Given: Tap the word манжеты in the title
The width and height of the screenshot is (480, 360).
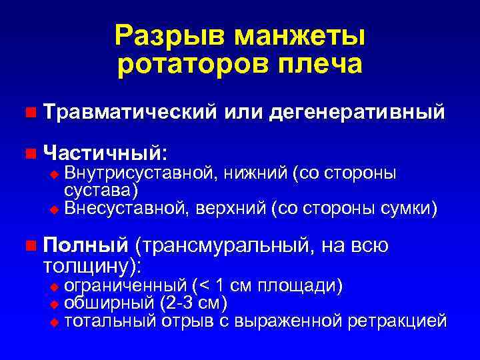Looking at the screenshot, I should click(x=295, y=35).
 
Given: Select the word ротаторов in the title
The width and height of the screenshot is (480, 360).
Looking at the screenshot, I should click(x=193, y=65).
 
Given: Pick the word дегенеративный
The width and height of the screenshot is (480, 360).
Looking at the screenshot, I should click(x=357, y=112).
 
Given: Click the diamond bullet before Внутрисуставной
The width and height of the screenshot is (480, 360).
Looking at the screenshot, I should click(x=55, y=175).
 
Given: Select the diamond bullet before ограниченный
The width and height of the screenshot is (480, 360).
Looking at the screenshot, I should click(x=55, y=287).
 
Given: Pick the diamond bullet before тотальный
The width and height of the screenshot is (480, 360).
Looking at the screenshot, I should click(x=55, y=322).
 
